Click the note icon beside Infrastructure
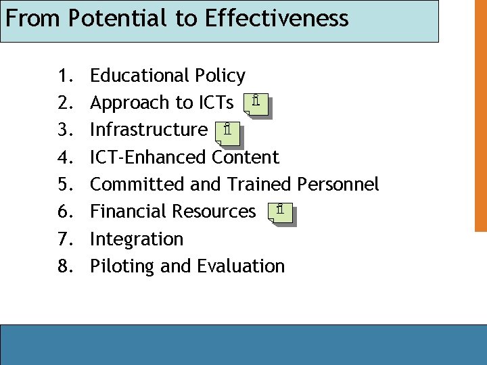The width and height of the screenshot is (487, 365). (x=228, y=132)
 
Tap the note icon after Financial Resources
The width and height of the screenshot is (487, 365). (x=281, y=213)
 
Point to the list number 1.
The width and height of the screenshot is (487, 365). (x=66, y=76)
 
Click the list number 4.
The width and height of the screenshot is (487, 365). (x=66, y=157)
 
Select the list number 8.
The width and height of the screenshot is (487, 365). (x=66, y=266)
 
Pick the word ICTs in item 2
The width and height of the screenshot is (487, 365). (x=216, y=103)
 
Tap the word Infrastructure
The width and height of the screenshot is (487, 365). (x=149, y=130)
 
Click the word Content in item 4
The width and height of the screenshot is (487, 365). (x=246, y=157)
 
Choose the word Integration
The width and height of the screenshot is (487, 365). (x=137, y=239)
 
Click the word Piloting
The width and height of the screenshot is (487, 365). (x=122, y=266)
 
